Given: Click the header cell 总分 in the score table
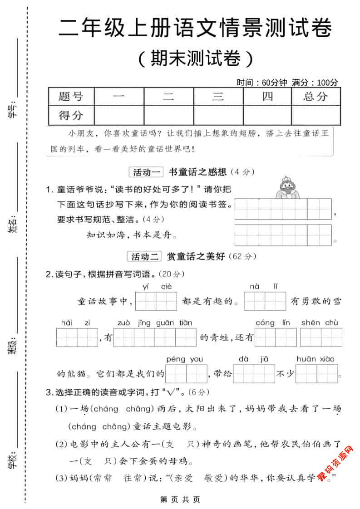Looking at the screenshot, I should point(316,96).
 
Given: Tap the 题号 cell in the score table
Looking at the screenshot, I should point(71,96).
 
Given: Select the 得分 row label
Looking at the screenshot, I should point(71,115).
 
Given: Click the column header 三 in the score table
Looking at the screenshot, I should point(218,96).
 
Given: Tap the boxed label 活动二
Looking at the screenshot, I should point(145,257).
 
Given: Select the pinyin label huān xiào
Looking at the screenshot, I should point(315,359).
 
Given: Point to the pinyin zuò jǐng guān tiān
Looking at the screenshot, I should point(154,323).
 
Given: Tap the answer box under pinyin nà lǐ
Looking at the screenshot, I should point(265,301).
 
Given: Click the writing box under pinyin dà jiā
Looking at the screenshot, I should point(254,374).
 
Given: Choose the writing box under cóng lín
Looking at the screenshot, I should point(276,338).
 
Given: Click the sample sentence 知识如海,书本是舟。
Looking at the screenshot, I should point(132,235).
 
